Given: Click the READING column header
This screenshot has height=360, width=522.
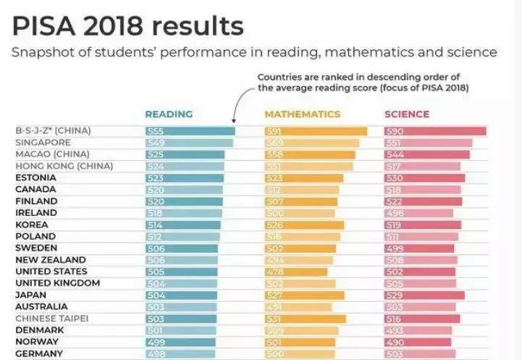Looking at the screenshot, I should (169, 114).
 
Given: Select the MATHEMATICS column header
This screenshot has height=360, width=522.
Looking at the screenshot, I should (302, 114).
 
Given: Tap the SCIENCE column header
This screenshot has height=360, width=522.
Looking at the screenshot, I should (406, 114).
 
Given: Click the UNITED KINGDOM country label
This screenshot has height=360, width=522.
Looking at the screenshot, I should (57, 283).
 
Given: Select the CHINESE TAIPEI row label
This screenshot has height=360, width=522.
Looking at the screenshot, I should (52, 319).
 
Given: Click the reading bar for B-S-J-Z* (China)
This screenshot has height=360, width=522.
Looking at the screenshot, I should (190, 131).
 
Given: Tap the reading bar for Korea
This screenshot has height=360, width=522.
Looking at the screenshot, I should (183, 225).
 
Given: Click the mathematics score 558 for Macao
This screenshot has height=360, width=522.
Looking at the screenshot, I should (275, 154).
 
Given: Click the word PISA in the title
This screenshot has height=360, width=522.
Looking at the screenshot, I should (43, 27).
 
